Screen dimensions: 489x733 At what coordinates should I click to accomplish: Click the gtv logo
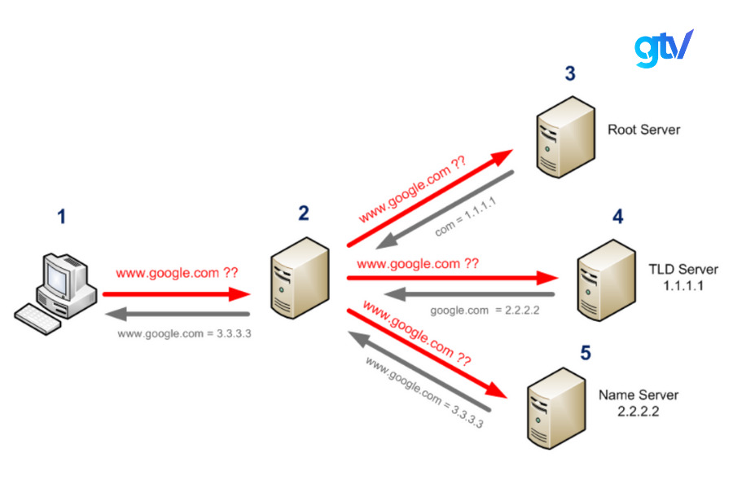pos(663,48)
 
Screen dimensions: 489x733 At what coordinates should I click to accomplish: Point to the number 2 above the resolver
pos(303,214)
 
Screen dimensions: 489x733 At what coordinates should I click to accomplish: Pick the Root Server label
pos(643,130)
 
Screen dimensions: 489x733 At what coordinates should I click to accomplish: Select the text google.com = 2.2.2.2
pos(485,310)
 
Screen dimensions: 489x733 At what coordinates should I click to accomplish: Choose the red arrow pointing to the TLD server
pos(452,278)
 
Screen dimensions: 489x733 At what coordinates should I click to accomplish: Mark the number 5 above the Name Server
pos(585,354)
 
